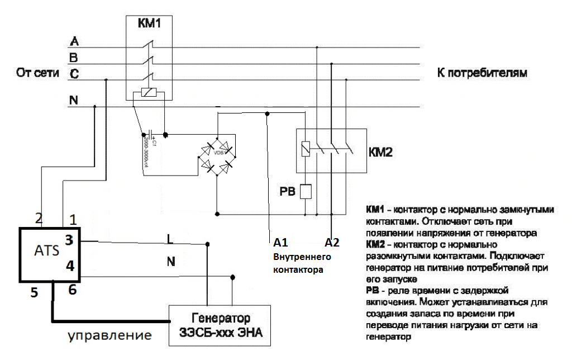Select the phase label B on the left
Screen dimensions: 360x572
tap(74, 57)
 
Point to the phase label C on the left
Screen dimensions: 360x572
tap(74, 73)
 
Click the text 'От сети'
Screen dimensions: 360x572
tap(37, 73)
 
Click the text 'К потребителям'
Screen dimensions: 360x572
tap(481, 73)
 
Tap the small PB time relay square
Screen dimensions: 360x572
tap(306, 192)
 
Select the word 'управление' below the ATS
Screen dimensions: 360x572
tap(109, 336)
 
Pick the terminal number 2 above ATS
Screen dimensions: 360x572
tap(39, 218)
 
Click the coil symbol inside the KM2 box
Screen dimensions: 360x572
tap(304, 149)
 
